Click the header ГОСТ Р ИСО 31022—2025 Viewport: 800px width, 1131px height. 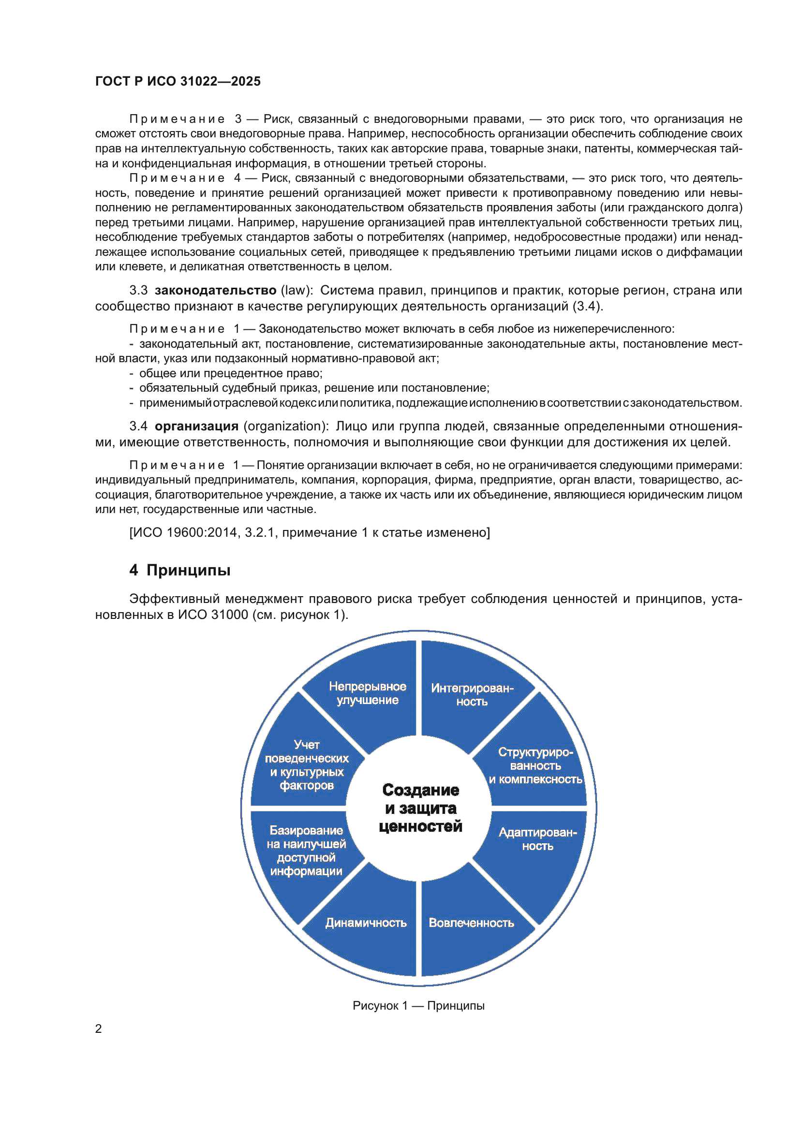178,81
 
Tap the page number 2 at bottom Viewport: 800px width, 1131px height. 99,1028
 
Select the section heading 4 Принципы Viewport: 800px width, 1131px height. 180,570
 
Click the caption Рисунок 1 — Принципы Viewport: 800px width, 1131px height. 418,1005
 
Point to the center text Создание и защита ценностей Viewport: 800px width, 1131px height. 420,808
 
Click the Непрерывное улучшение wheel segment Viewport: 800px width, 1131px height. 368,693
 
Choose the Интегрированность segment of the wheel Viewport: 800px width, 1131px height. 472,694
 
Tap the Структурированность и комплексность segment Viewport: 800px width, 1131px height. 535,765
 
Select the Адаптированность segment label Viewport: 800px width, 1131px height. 537,839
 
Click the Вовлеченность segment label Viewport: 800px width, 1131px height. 471,923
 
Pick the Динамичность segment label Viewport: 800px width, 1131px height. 366,923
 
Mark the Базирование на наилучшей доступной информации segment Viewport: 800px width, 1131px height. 306,851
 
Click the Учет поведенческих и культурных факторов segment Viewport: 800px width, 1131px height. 306,765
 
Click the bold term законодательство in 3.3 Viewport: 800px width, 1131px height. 215,291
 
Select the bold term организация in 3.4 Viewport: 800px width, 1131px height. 196,426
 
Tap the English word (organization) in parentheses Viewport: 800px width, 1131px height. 286,426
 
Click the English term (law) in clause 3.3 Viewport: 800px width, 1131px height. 296,291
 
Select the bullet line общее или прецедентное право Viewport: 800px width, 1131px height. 231,373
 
